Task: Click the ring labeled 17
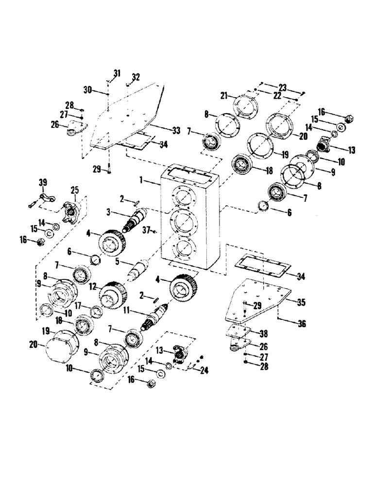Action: click(96, 311)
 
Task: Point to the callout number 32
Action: click(136, 77)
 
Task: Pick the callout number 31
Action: click(117, 73)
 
